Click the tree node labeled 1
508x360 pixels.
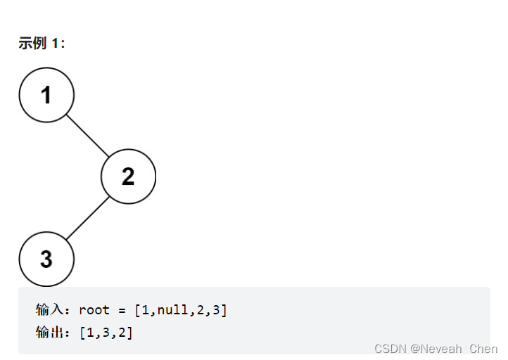tap(46, 95)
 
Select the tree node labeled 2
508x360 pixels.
tap(128, 176)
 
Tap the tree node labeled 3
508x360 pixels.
tap(46, 259)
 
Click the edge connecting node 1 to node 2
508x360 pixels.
tap(87, 136)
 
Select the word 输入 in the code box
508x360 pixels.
tap(49, 310)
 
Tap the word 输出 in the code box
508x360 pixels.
tap(49, 333)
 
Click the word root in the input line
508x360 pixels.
tap(94, 310)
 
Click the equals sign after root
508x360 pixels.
tap(122, 310)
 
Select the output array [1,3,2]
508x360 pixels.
tap(106, 333)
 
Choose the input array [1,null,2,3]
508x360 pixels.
tap(181, 310)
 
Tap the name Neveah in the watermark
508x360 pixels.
tap(442, 349)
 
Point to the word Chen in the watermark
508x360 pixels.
tap(483, 349)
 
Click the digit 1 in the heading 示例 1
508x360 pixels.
tap(56, 44)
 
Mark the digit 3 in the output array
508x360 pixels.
tap(106, 333)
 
